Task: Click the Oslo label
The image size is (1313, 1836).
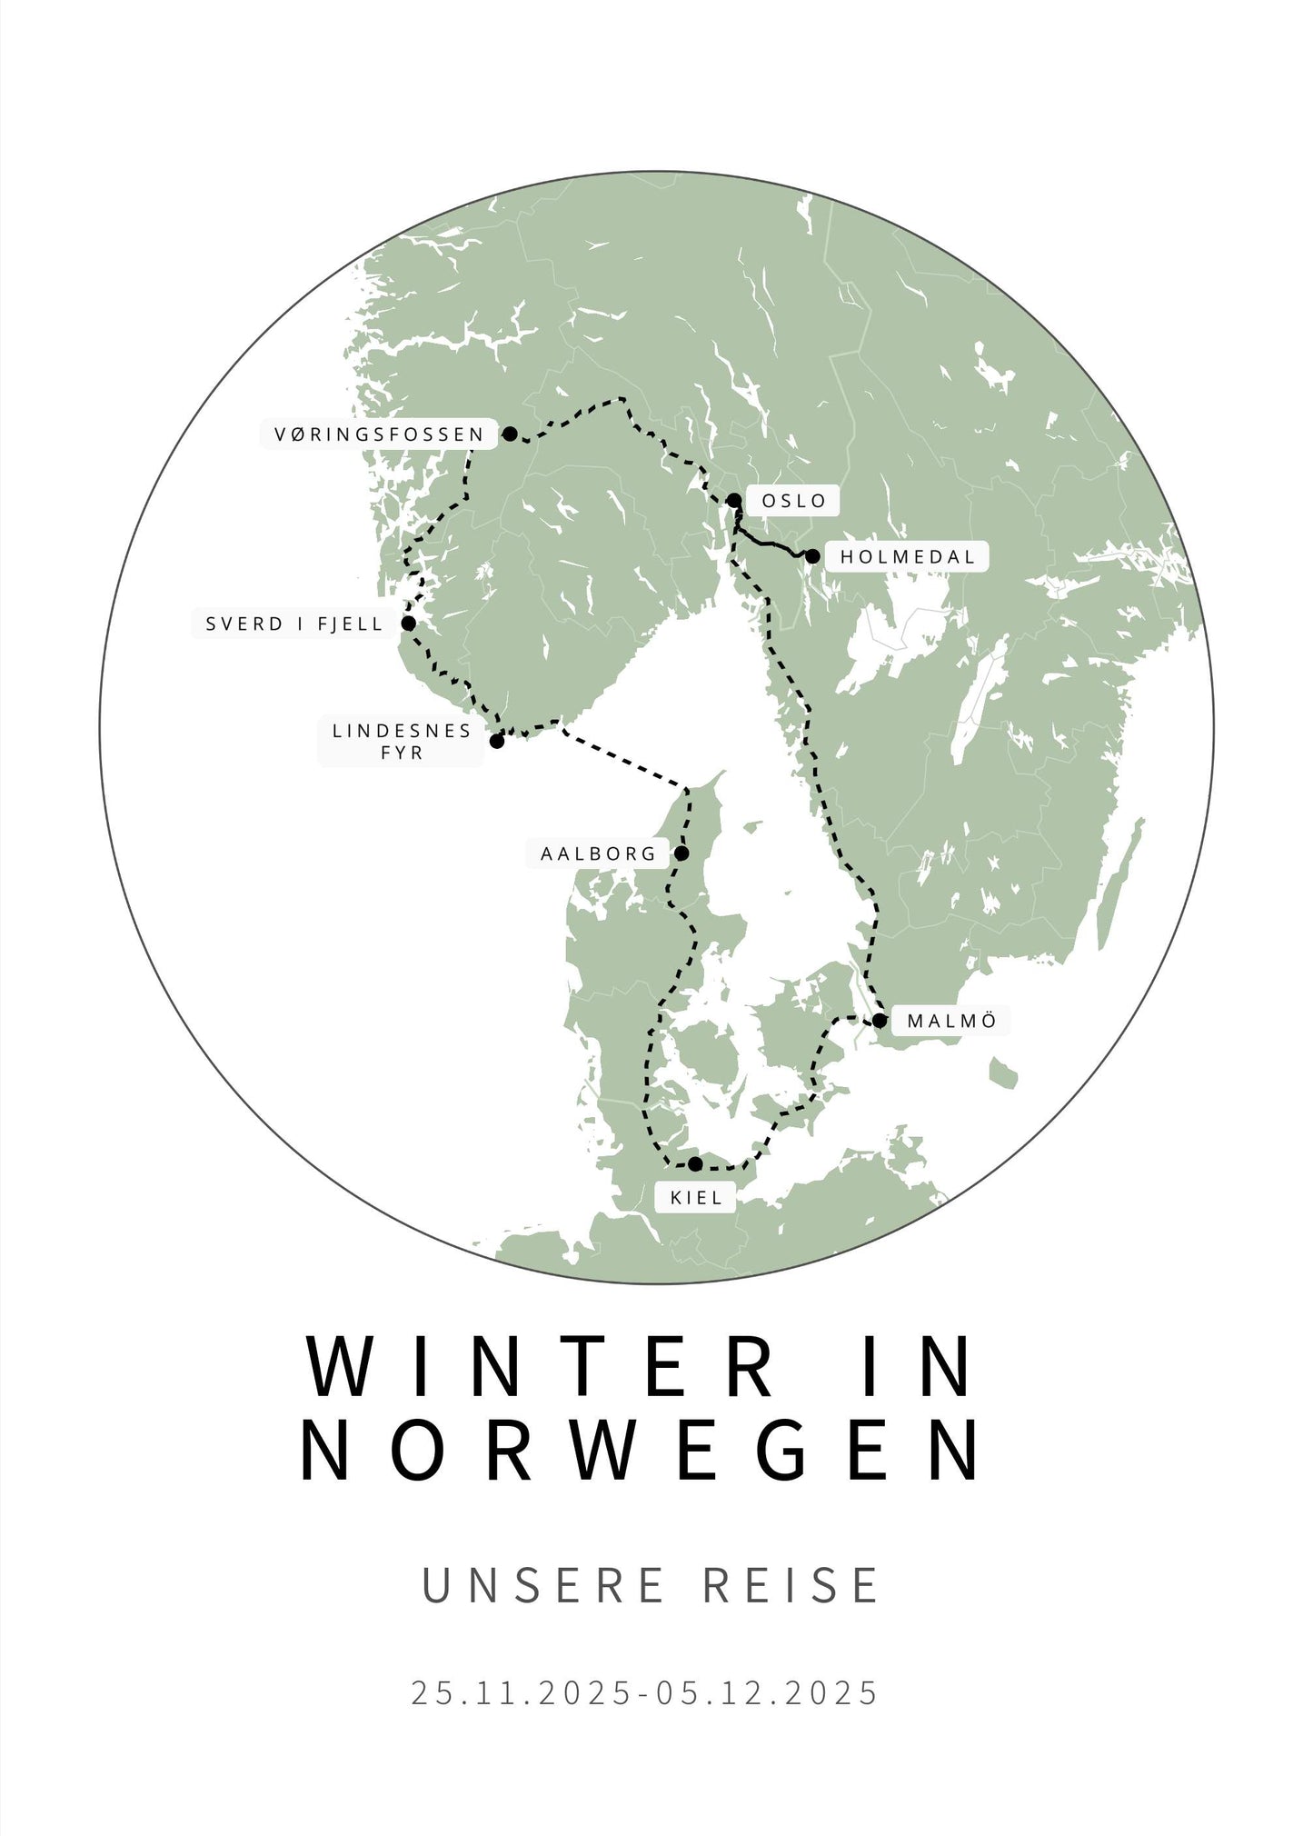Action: pyautogui.click(x=793, y=501)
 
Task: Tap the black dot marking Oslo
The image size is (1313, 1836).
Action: pyautogui.click(x=734, y=500)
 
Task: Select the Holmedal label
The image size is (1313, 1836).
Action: pyautogui.click(x=907, y=557)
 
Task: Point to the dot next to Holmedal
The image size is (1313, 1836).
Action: pyautogui.click(x=813, y=556)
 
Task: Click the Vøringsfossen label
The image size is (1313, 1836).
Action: pyautogui.click(x=379, y=434)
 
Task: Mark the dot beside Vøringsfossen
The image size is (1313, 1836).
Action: pyautogui.click(x=511, y=434)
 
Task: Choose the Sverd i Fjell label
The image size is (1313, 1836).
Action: pyautogui.click(x=293, y=624)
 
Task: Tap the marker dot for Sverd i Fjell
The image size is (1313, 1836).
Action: pyautogui.click(x=409, y=624)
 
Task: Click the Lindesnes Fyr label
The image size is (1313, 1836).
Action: pyautogui.click(x=402, y=742)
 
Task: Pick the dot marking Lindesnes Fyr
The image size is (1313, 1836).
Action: pyautogui.click(x=497, y=742)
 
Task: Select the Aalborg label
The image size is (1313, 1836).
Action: pyautogui.click(x=598, y=854)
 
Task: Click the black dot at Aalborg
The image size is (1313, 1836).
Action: pyautogui.click(x=681, y=853)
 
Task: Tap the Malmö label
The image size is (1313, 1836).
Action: pyautogui.click(x=951, y=1021)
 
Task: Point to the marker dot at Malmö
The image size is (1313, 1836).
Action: pyautogui.click(x=880, y=1021)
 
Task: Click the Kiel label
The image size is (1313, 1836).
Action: pyautogui.click(x=696, y=1198)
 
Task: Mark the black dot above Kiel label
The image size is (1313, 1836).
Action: pyautogui.click(x=695, y=1164)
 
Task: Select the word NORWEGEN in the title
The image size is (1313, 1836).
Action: pyautogui.click(x=642, y=1451)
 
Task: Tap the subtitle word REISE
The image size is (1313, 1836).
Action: pyautogui.click(x=791, y=1586)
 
